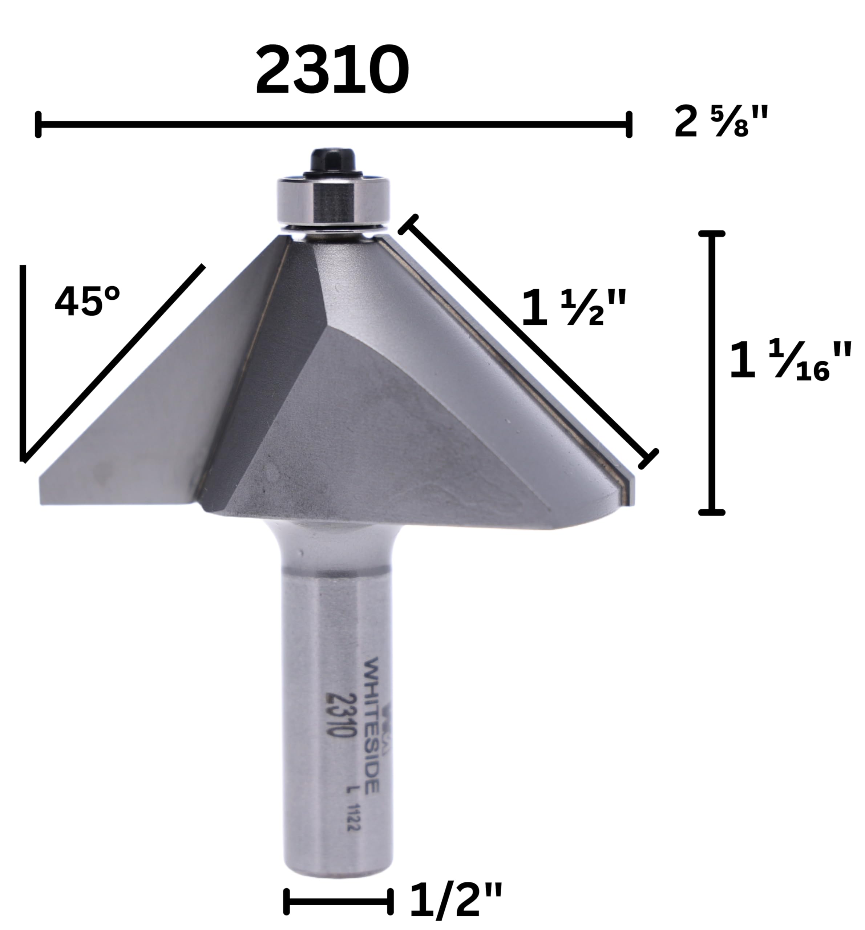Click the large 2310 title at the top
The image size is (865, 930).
click(332, 70)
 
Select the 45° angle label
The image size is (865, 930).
click(88, 301)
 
